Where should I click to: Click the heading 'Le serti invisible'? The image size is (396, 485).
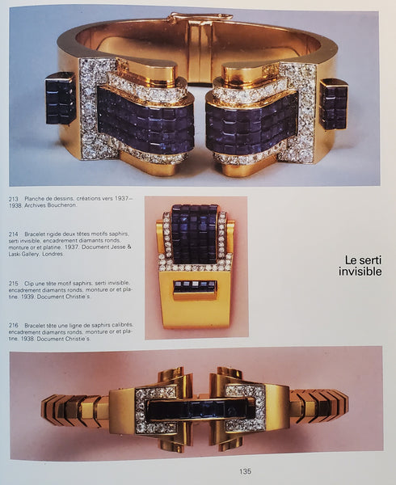coord(360,265)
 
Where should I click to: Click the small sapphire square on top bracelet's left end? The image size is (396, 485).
coord(60,98)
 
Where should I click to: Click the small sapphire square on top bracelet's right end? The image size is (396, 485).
coord(333,103)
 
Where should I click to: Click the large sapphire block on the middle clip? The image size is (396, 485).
coord(195,234)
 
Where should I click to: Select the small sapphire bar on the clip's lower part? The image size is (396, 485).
coord(195,286)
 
